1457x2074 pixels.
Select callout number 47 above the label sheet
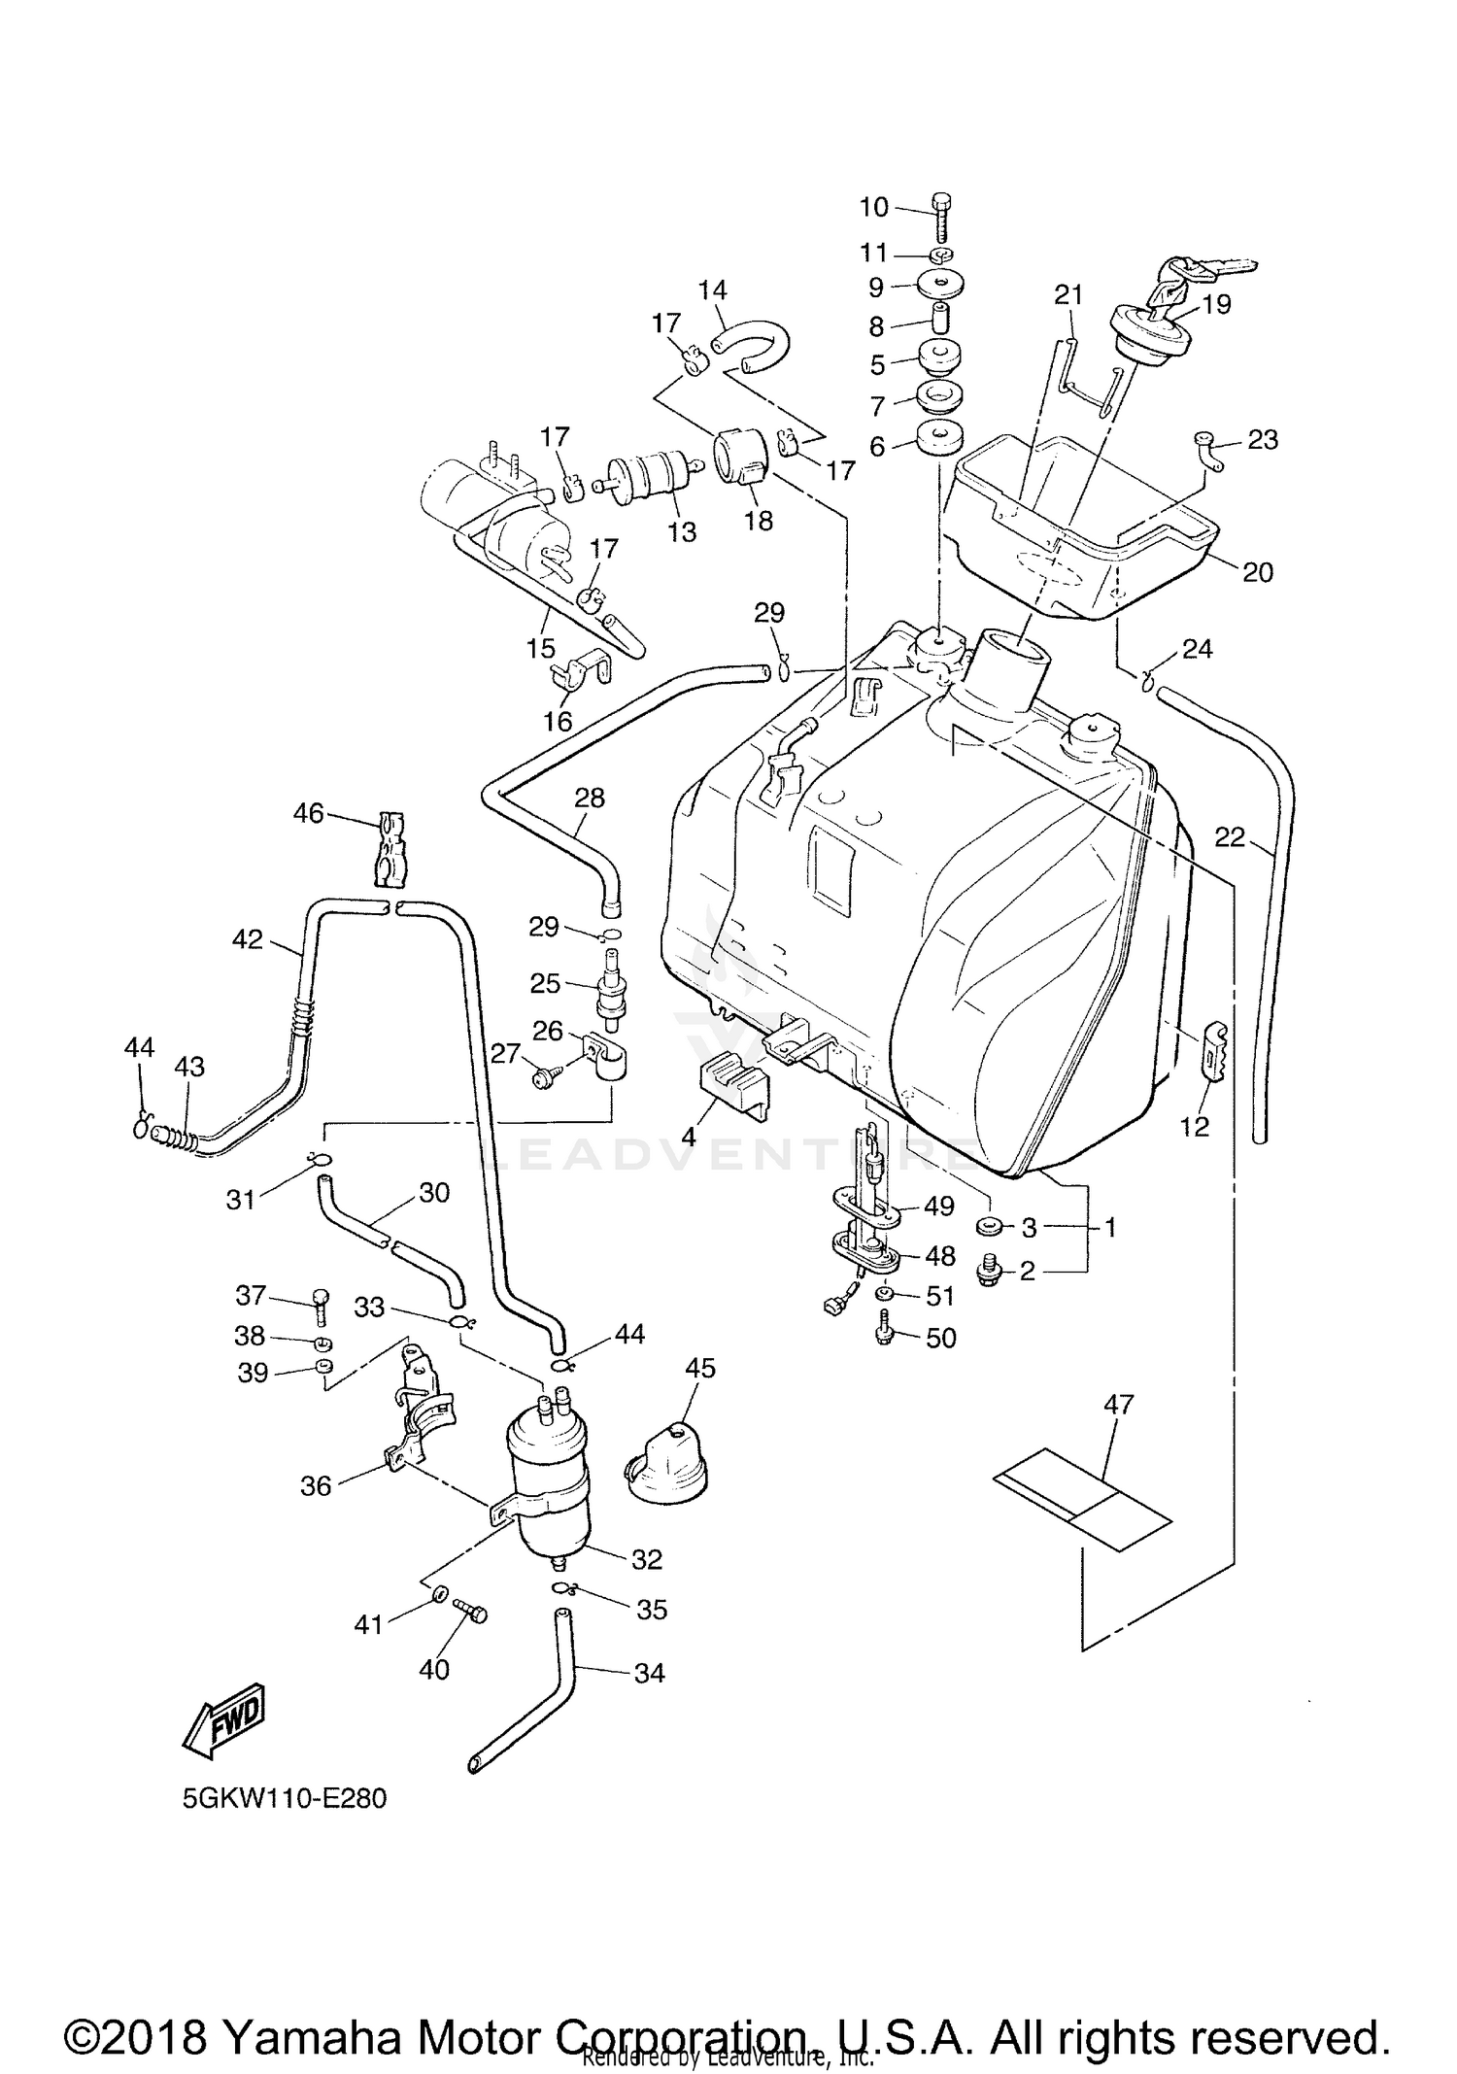click(x=1119, y=1404)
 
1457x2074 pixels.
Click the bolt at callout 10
click(x=942, y=220)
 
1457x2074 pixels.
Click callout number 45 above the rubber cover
click(x=699, y=1368)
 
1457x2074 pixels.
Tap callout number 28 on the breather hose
click(x=590, y=798)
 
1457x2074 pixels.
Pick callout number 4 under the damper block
click(x=689, y=1135)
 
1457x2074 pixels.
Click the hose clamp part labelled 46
click(x=390, y=848)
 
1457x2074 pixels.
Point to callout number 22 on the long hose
click(x=1229, y=836)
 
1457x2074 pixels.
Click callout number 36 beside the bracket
click(x=316, y=1485)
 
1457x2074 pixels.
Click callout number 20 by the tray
click(x=1257, y=572)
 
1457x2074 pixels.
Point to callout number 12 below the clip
click(x=1194, y=1126)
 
